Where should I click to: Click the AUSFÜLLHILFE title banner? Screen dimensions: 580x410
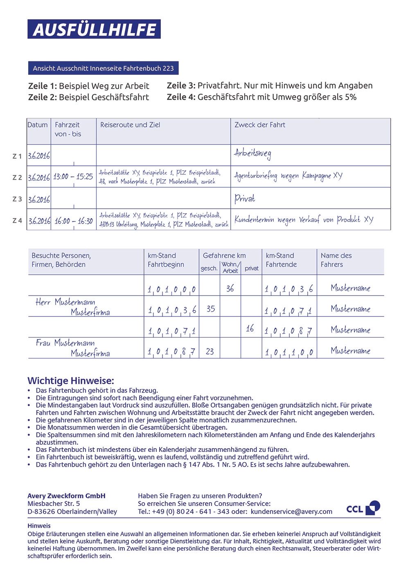(x=94, y=29)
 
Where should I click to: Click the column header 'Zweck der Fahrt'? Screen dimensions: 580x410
(x=260, y=125)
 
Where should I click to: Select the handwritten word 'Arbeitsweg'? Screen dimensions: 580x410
(x=252, y=154)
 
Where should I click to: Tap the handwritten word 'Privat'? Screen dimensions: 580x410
(x=245, y=199)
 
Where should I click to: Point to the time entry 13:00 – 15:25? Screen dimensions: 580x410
(x=73, y=177)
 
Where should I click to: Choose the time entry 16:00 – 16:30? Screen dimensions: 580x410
(x=74, y=221)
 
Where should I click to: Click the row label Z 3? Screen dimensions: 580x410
(x=17, y=199)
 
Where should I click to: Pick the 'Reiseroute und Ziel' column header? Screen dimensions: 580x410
(x=130, y=125)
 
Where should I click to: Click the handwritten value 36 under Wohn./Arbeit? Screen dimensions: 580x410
(x=230, y=289)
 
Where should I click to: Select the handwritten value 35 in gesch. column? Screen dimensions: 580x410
(x=211, y=309)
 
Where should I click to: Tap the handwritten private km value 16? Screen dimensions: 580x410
(x=250, y=328)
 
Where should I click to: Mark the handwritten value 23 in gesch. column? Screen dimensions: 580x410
(x=210, y=351)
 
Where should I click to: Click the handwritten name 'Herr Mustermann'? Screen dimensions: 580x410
(x=65, y=302)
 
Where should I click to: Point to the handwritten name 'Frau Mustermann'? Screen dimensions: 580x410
(x=65, y=343)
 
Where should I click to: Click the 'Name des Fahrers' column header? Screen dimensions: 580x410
(x=336, y=260)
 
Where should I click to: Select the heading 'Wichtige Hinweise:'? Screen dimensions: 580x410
(x=71, y=381)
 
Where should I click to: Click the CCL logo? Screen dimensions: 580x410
(x=363, y=508)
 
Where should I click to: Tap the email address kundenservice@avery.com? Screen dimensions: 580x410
(x=291, y=512)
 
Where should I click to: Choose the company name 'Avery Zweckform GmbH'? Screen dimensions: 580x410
(x=66, y=496)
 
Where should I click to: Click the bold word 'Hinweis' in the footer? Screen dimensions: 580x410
(x=39, y=526)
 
